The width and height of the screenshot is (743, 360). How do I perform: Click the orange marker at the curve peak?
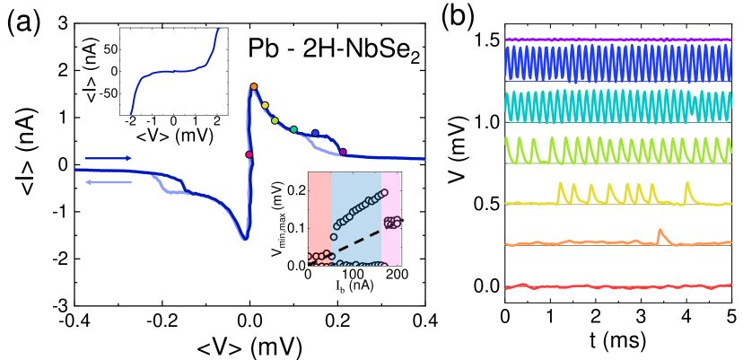click(254, 87)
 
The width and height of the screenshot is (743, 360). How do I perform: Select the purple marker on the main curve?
click(343, 152)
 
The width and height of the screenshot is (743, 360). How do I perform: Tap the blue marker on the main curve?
click(315, 134)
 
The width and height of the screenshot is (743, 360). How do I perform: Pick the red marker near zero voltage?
click(249, 154)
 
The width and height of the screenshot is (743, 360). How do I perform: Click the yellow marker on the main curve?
click(266, 105)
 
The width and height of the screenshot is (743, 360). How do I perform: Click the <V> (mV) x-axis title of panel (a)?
click(249, 346)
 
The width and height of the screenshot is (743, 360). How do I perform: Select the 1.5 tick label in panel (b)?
click(485, 40)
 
